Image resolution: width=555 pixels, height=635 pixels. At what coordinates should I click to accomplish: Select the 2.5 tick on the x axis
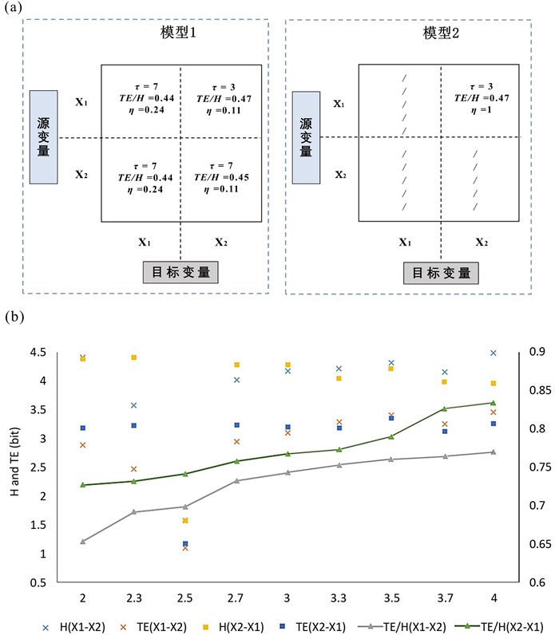185,598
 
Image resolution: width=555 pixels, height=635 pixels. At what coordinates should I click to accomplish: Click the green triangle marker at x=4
493,403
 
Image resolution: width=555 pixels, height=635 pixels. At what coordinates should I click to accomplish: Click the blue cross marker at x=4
493,353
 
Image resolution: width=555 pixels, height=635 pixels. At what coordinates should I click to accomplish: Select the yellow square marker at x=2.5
185,520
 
